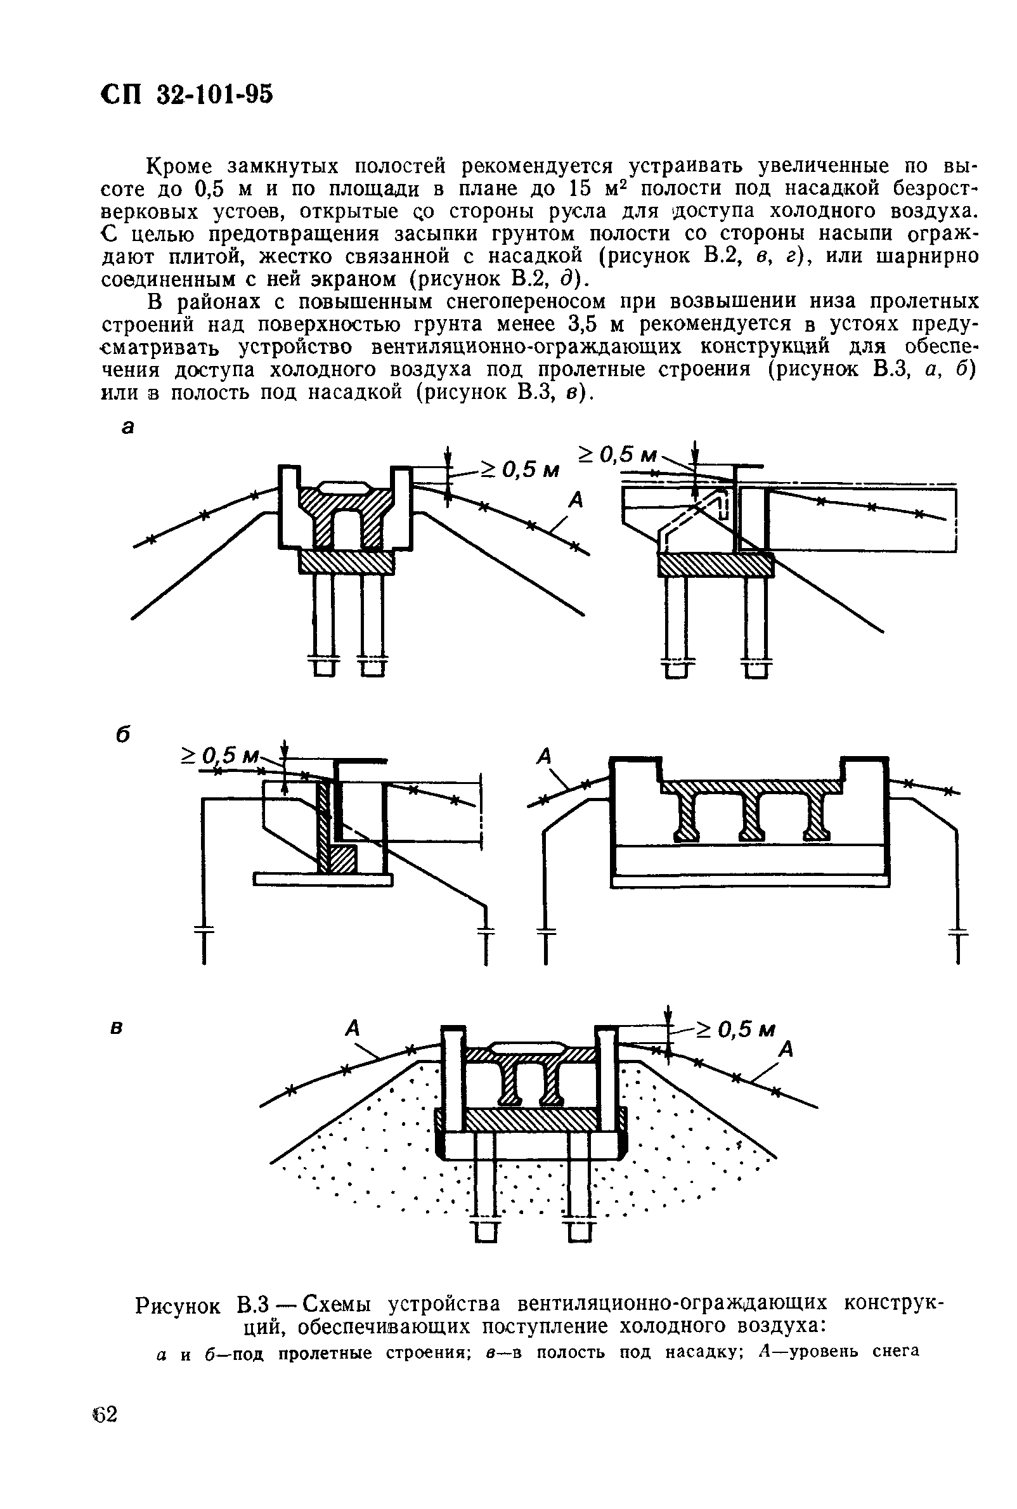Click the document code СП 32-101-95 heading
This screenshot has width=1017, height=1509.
coord(188,95)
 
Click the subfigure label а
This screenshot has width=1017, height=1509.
coord(128,427)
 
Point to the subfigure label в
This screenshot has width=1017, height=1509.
coord(117,1028)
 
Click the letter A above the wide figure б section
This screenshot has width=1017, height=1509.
coord(544,756)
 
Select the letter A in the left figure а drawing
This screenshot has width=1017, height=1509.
coord(574,500)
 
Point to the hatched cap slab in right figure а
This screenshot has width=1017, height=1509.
coord(715,565)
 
